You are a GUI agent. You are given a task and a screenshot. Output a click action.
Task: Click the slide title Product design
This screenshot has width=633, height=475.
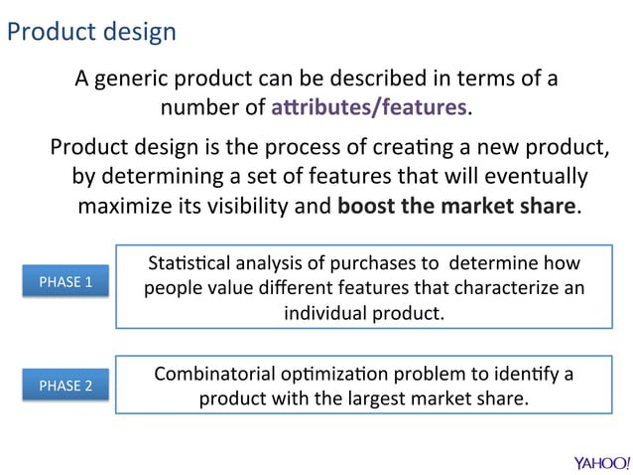[91, 32]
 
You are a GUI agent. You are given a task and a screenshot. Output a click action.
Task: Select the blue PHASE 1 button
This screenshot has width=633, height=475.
[65, 282]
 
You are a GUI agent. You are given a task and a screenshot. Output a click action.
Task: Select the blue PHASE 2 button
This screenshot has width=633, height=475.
[65, 386]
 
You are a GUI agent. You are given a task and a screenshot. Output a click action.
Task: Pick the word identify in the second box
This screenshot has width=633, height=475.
[525, 375]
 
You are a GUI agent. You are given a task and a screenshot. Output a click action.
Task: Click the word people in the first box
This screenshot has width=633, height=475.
[173, 288]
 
